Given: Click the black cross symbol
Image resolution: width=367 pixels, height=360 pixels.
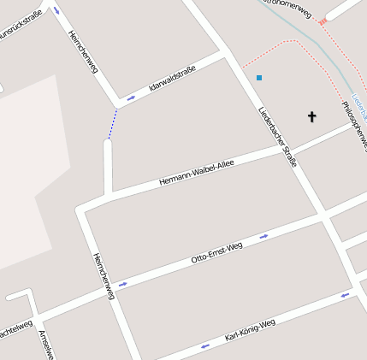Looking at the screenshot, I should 312,116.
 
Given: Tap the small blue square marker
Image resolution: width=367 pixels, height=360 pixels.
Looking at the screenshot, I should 259,78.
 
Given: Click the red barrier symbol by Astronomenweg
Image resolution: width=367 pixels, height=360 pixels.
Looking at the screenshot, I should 322,22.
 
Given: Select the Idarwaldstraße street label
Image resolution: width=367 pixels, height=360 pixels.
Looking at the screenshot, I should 172,78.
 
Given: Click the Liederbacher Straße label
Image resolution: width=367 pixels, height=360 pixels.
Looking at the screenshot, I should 278,136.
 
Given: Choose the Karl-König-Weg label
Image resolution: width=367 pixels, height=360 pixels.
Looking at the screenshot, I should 250,330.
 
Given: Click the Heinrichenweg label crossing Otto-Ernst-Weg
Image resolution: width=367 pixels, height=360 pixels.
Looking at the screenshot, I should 104,275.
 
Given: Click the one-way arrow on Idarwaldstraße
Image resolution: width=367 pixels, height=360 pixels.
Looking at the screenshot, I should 131,98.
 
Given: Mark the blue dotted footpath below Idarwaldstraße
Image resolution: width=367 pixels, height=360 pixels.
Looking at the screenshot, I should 112,124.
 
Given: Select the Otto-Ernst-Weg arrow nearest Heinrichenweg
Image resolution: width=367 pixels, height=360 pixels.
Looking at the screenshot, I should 123,284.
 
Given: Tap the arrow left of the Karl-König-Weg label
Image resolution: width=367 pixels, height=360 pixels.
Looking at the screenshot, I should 204,346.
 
